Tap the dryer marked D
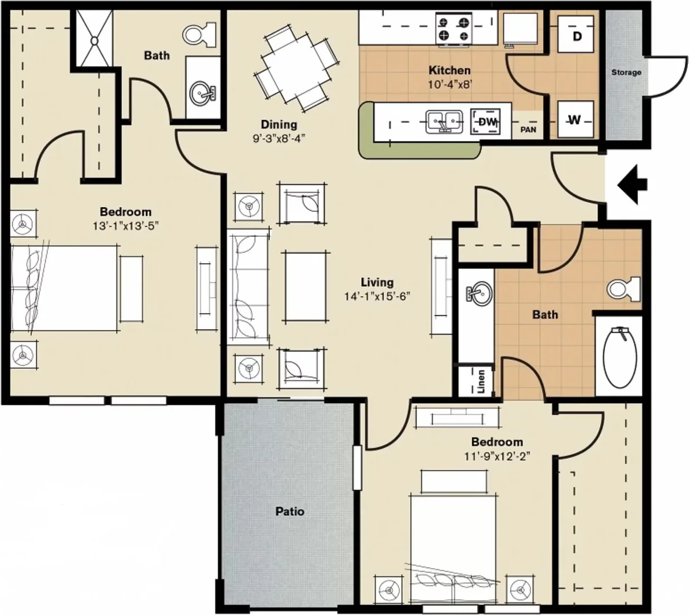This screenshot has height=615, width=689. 576,34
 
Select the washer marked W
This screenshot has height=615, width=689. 576,120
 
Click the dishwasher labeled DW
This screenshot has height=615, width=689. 486,121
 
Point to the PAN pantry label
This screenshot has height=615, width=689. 528,130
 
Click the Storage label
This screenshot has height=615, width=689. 626,72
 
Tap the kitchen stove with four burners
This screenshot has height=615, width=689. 454,29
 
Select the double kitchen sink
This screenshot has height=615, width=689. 445,121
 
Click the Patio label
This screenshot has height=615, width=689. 290,511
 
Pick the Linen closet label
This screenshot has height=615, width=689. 481,382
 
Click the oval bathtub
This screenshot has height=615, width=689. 620,357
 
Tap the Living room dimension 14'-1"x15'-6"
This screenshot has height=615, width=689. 377,297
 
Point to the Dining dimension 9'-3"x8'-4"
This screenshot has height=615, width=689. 279,138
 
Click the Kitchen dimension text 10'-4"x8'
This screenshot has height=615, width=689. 450,84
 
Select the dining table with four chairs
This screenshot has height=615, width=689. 297,68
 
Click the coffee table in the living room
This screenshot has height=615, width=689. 305,286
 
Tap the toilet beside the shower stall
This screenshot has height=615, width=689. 199,34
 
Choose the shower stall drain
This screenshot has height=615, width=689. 94,41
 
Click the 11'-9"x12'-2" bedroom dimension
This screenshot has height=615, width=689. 498,456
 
